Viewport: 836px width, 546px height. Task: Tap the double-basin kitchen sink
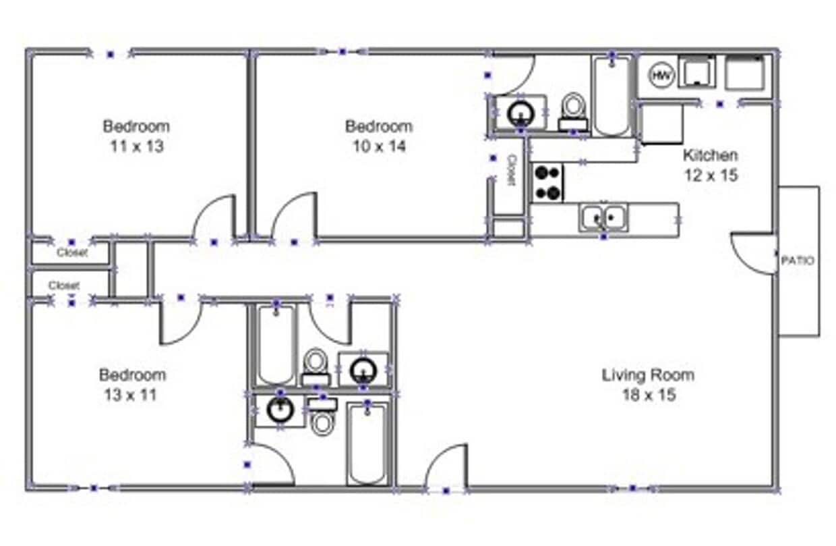click(603, 217)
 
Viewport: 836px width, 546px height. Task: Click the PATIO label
click(797, 261)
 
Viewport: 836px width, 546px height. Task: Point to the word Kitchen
click(710, 155)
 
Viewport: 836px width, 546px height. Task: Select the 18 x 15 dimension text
click(648, 395)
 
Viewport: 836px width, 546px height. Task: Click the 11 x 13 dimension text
click(136, 146)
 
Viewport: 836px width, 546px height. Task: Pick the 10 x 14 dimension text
click(379, 146)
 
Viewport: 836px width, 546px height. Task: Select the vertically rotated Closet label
click(511, 170)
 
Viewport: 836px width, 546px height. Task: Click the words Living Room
click(648, 375)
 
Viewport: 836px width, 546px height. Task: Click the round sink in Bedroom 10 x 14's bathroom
click(520, 111)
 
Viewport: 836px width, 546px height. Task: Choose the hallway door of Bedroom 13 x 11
click(179, 323)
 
